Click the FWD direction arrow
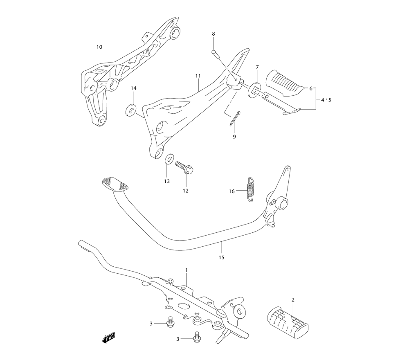[108, 338]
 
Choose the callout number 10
[99, 47]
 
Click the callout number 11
[198, 76]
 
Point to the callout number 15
[222, 257]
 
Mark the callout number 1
[186, 270]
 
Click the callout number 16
[232, 191]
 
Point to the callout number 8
[213, 34]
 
